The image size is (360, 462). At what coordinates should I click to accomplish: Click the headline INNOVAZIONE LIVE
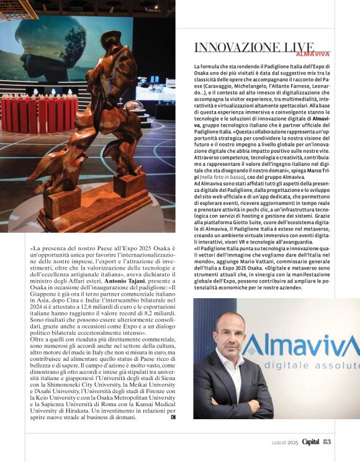click(254, 48)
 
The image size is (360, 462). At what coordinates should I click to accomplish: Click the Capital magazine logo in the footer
click(311, 442)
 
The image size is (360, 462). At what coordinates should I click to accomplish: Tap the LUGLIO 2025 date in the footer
click(286, 442)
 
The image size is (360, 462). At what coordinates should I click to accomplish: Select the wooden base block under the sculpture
click(93, 208)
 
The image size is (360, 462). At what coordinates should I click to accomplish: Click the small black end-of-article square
click(173, 417)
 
